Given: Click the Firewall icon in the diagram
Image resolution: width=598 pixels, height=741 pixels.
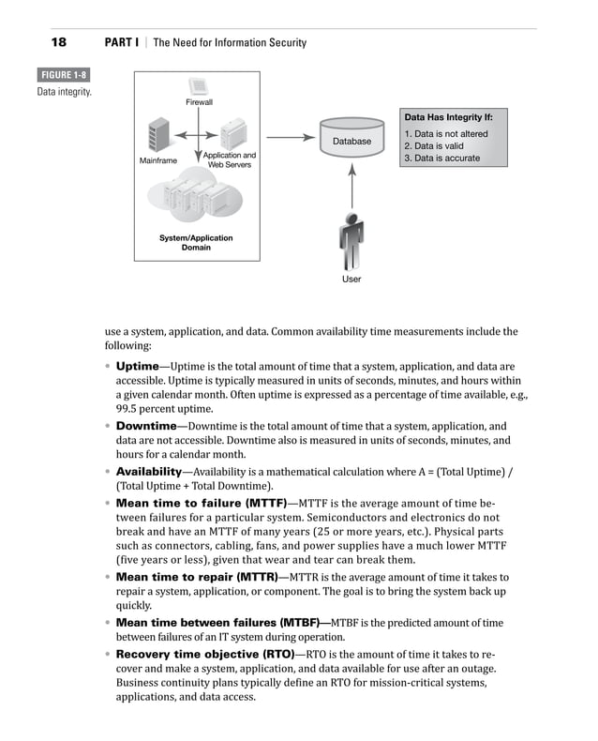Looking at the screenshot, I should click(198, 88).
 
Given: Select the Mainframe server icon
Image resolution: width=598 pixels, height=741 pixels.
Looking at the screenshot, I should click(157, 135).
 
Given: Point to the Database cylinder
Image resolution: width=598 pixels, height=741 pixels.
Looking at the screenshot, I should click(352, 140).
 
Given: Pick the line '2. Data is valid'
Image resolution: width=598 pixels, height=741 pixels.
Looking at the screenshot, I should click(433, 146).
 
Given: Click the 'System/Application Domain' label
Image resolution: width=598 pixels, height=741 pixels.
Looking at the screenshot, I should click(196, 243).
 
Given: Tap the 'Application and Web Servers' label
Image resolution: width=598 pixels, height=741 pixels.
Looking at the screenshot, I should click(229, 159).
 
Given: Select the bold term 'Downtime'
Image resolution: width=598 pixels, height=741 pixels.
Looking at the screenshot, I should click(145, 425).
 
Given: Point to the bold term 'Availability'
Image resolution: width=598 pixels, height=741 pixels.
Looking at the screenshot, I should click(148, 471).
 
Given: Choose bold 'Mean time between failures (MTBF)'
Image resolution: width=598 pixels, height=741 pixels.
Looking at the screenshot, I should click(217, 622).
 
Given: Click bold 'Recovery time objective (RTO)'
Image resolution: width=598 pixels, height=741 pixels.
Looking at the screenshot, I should click(204, 653).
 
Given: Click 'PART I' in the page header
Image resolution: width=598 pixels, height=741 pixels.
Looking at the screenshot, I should click(122, 42).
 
